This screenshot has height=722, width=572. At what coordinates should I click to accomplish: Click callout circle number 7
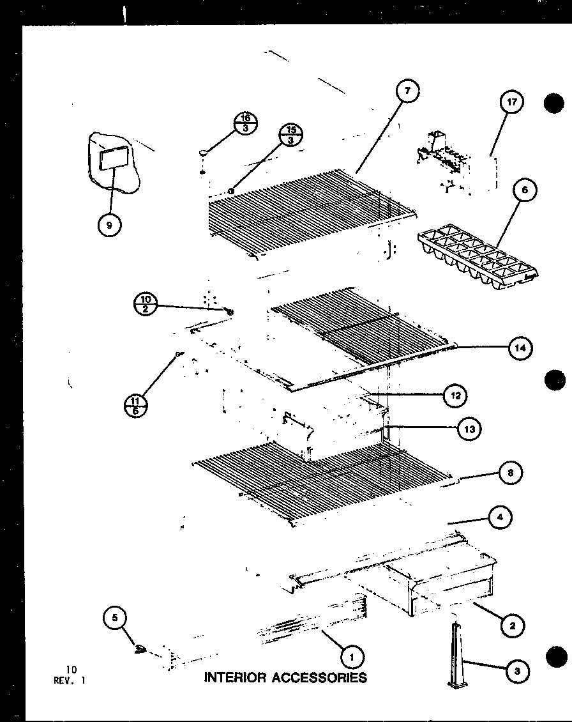[x=407, y=92]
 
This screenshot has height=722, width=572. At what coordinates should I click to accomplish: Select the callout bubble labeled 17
[x=511, y=102]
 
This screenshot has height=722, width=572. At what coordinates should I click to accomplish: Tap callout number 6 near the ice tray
[x=525, y=190]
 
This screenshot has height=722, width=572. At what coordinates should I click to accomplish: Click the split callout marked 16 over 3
[x=246, y=121]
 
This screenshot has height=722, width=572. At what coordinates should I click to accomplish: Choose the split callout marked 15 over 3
[x=292, y=135]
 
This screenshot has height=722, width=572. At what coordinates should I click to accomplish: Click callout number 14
[x=520, y=348]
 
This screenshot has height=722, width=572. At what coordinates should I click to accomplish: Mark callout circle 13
[x=469, y=429]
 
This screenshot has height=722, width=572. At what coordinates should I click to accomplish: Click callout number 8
[x=510, y=473]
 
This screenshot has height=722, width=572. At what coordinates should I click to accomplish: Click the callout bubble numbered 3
[x=516, y=670]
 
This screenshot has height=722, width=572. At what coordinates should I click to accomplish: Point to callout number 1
[x=350, y=655]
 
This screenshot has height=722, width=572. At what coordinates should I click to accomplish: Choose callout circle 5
[x=114, y=617]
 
